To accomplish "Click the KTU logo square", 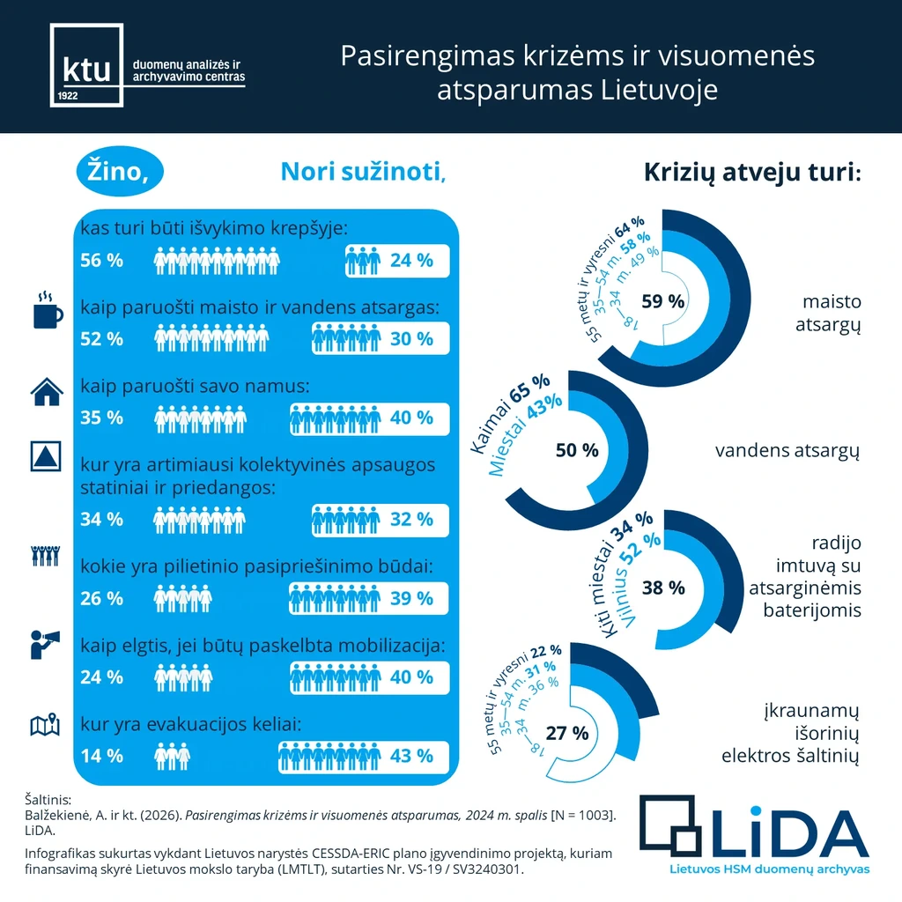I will [x=85, y=66].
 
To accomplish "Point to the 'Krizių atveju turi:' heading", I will [x=752, y=172].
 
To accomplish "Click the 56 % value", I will [x=101, y=261].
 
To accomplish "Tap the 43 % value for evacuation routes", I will [x=411, y=756].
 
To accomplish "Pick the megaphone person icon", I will [x=45, y=644].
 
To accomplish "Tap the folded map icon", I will [x=45, y=724].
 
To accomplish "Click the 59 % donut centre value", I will [x=663, y=301].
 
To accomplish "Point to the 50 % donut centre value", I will [x=577, y=450].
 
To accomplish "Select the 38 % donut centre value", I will [x=663, y=588].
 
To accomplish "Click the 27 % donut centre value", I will [x=567, y=733].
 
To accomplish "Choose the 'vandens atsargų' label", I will [x=787, y=451].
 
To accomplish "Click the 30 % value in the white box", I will [x=411, y=339].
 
